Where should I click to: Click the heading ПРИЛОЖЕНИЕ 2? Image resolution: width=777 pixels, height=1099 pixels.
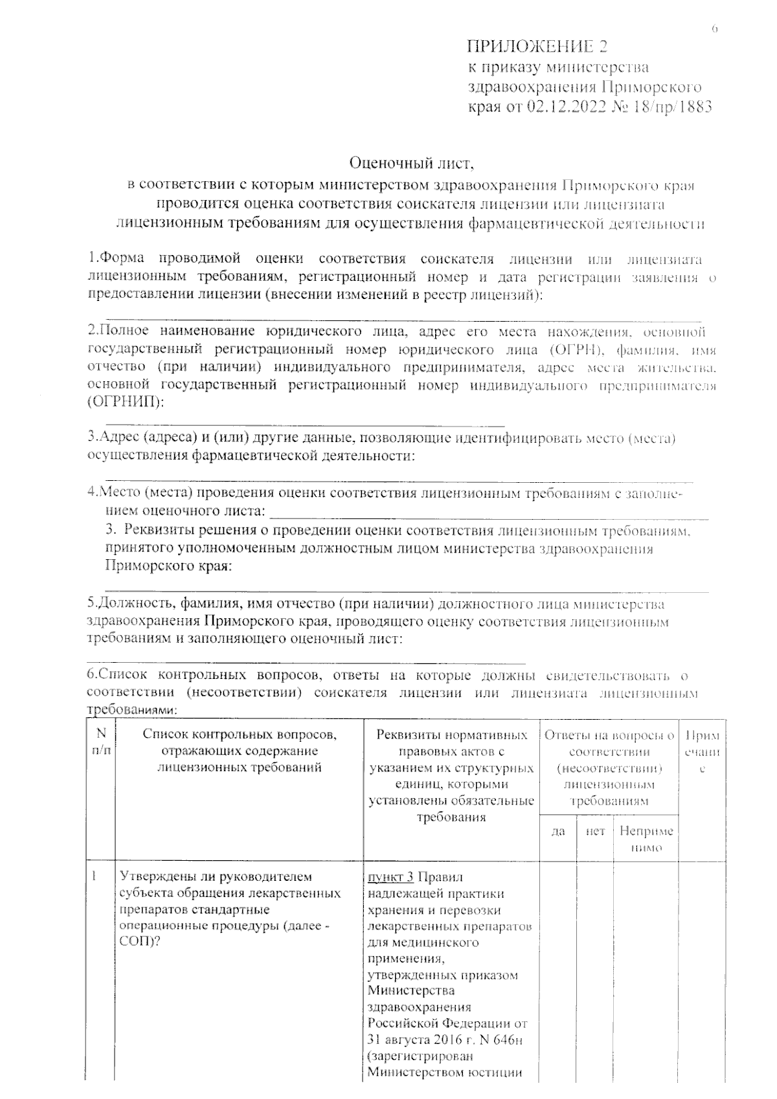(537, 47)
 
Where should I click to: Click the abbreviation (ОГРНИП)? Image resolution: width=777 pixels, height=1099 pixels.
(126, 403)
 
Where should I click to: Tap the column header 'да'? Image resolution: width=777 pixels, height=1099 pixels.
(558, 831)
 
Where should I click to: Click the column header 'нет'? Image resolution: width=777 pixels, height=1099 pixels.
(595, 831)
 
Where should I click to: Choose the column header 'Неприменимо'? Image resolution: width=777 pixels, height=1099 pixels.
(646, 839)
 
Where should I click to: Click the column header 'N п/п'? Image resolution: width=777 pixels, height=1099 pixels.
(101, 743)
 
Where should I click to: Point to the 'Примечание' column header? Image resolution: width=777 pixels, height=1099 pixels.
(703, 752)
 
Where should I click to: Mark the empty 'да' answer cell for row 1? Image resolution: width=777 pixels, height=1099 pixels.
(558, 971)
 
